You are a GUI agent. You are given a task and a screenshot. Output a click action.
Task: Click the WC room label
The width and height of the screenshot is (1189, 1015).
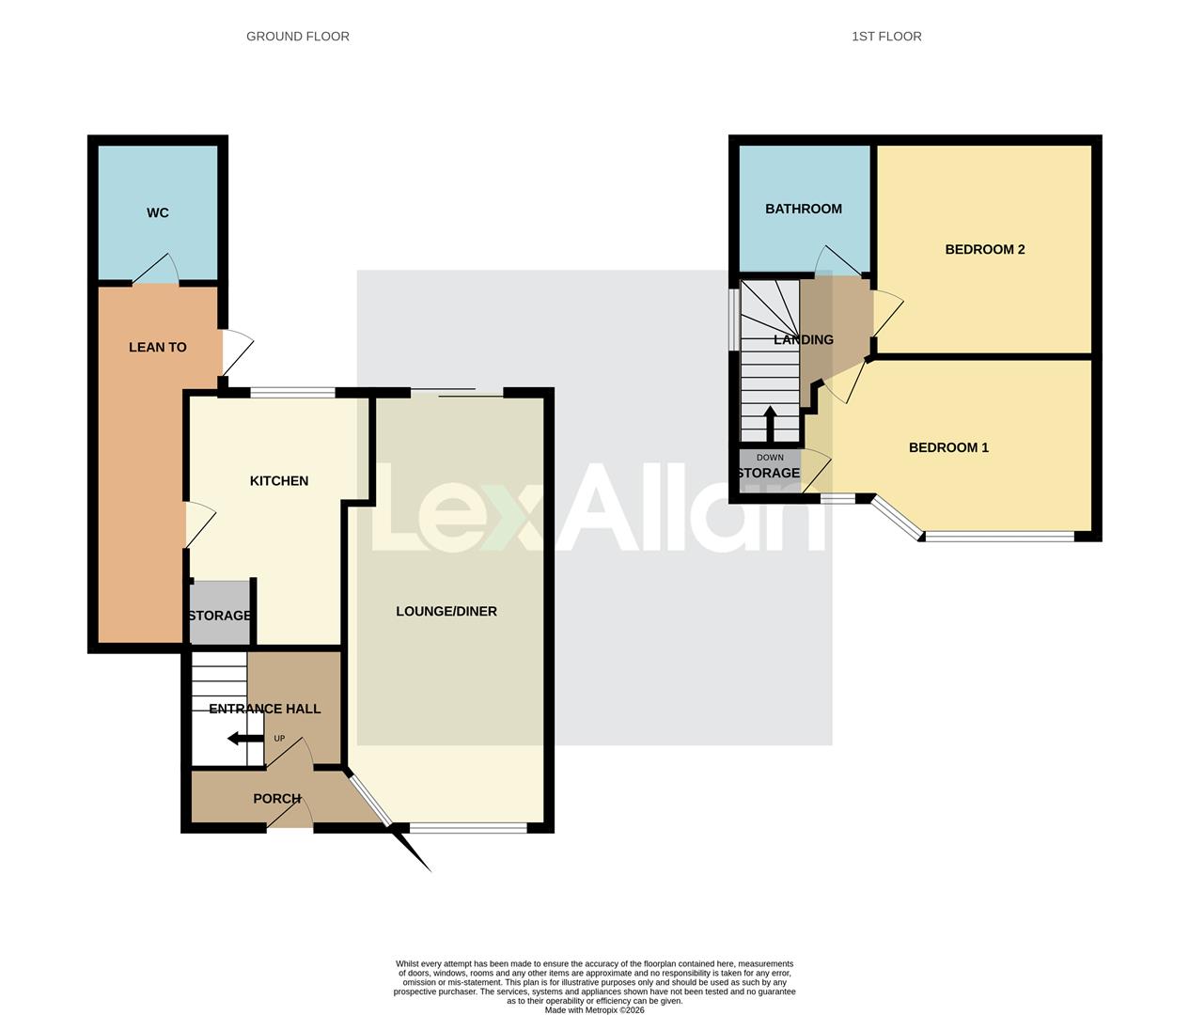pyautogui.click(x=158, y=213)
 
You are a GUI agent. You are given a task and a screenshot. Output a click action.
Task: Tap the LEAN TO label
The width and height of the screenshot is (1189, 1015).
pyautogui.click(x=158, y=348)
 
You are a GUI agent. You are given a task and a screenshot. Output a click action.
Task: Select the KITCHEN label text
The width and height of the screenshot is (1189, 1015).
pyautogui.click(x=279, y=481)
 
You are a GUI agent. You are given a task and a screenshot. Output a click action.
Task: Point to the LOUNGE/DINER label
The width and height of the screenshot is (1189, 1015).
pyautogui.click(x=446, y=612)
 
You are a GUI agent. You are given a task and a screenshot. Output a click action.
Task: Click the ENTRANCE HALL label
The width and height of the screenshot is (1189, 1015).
pyautogui.click(x=265, y=710)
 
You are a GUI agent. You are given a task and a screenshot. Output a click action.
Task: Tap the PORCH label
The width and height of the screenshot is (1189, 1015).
pyautogui.click(x=277, y=799)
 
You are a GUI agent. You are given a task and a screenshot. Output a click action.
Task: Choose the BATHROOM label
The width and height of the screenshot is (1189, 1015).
pyautogui.click(x=804, y=210)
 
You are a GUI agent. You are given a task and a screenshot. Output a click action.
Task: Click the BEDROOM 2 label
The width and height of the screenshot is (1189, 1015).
pyautogui.click(x=985, y=250)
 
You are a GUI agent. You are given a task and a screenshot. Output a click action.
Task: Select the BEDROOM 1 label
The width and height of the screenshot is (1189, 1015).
pyautogui.click(x=948, y=448)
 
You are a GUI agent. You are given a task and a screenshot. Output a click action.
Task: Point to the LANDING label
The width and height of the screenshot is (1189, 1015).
pyautogui.click(x=804, y=340)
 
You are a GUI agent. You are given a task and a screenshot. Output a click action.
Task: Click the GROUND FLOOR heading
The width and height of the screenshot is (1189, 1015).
pyautogui.click(x=298, y=37)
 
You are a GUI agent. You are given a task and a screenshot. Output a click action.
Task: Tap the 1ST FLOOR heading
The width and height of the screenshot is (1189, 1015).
pyautogui.click(x=886, y=37)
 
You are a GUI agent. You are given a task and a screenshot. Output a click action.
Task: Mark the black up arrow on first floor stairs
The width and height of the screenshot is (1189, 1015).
pyautogui.click(x=770, y=424)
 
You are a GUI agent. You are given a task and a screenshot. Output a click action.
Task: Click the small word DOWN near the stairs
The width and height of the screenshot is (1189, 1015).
pyautogui.click(x=770, y=458)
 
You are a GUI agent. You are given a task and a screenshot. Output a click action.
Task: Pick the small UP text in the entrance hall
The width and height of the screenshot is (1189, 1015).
pyautogui.click(x=279, y=739)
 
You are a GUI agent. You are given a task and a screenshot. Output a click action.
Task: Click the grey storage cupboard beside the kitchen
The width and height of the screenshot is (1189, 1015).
pyautogui.click(x=221, y=613)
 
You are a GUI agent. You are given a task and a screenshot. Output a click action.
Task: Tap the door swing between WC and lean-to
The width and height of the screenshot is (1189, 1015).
pyautogui.click(x=157, y=270)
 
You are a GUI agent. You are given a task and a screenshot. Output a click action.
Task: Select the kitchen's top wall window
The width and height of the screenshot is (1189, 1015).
pyautogui.click(x=292, y=393)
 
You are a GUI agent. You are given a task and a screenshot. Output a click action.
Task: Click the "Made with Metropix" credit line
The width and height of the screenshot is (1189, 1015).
pyautogui.click(x=594, y=1010)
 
